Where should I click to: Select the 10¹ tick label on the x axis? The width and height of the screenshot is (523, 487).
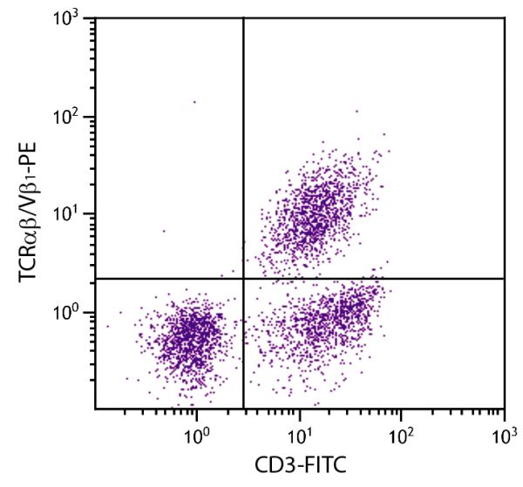299,432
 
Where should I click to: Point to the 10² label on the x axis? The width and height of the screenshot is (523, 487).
401,432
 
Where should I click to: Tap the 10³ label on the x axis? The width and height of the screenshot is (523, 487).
504,432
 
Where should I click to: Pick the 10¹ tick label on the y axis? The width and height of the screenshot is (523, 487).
71,214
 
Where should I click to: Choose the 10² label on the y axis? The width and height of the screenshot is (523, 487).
71,117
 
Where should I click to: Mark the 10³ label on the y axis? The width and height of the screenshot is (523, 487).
71,19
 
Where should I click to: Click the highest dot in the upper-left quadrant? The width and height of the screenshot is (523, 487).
194,102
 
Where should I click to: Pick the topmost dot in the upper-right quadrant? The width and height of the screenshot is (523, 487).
357,111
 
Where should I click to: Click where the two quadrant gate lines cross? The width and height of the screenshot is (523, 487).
243,279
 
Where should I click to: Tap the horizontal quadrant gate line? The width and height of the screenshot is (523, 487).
375,279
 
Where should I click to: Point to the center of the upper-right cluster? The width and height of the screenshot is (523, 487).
318,209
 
